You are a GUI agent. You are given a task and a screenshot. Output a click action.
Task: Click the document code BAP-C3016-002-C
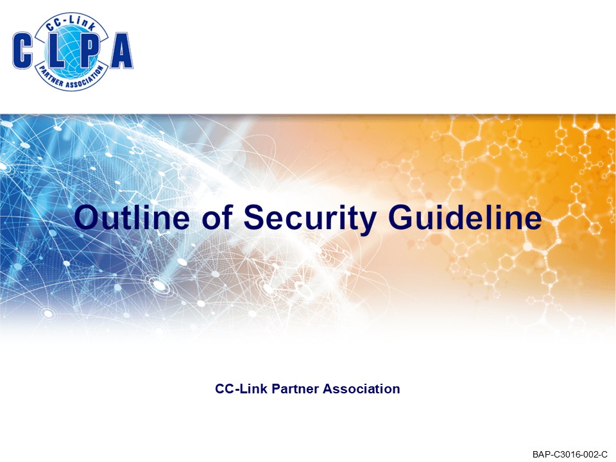[569, 454]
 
